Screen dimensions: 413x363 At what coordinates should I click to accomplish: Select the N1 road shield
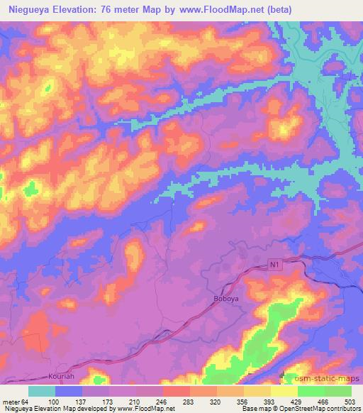(x=275, y=265)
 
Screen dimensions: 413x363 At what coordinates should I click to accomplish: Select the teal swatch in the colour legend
(x=42, y=391)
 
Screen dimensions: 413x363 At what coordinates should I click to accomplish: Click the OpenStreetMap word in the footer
(x=316, y=409)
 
